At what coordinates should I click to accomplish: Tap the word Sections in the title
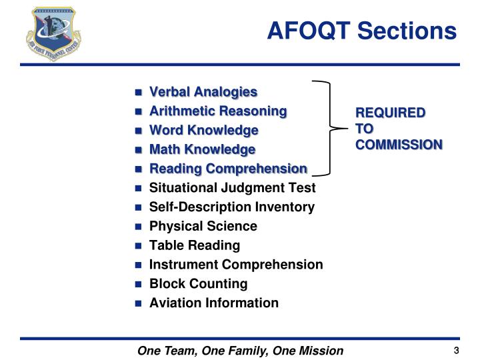(x=410, y=31)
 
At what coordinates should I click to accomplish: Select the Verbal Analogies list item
(x=203, y=91)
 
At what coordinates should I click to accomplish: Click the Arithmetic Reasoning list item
(x=218, y=111)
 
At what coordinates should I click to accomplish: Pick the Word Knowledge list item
(x=203, y=130)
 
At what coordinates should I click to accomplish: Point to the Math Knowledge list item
(x=202, y=149)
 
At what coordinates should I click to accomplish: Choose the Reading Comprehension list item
(x=228, y=169)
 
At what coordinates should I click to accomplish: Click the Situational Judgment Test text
(x=232, y=188)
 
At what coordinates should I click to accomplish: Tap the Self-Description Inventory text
(x=231, y=207)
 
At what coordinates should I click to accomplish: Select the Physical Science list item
(x=203, y=226)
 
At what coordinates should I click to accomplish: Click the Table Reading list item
(x=194, y=245)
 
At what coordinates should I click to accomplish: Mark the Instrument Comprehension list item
(x=236, y=265)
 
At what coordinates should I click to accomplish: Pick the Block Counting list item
(x=198, y=284)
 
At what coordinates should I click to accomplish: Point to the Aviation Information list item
(x=214, y=303)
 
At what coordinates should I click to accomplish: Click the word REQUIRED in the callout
(x=389, y=112)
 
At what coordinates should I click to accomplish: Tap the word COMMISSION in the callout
(x=398, y=144)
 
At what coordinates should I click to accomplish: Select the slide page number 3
(x=457, y=351)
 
